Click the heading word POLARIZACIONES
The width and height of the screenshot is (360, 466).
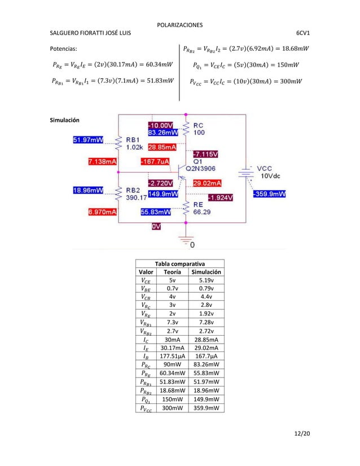click(x=179, y=25)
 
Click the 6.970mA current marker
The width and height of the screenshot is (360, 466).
click(x=103, y=212)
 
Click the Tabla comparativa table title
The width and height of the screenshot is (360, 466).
click(x=180, y=263)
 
